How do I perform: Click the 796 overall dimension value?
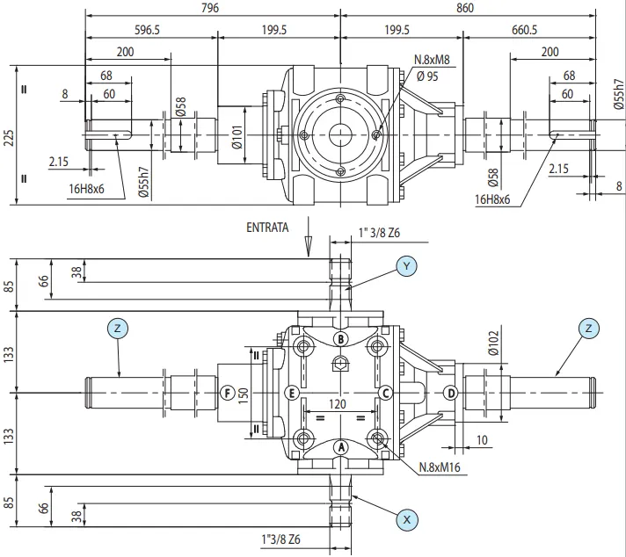[x=208, y=8]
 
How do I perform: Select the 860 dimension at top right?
[x=465, y=8]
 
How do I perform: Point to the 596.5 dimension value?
[x=147, y=30]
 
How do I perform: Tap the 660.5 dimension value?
[x=524, y=30]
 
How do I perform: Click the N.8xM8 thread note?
[x=433, y=61]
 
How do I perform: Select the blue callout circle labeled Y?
[x=406, y=265]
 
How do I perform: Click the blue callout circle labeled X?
[x=406, y=519]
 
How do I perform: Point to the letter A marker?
[x=342, y=446]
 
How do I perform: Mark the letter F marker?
[x=227, y=392]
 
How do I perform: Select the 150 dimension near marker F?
[x=243, y=393]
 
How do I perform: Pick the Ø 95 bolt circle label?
[x=427, y=76]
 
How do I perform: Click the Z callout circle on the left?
[x=119, y=328]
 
